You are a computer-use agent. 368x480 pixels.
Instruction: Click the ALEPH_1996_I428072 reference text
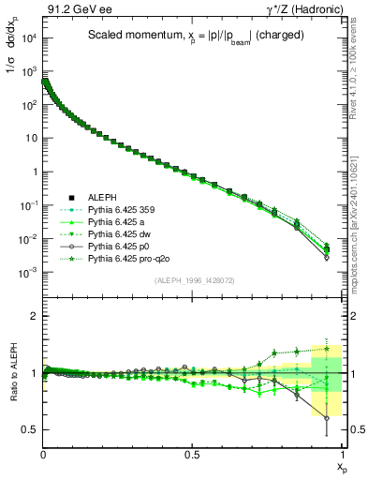pos(194,280)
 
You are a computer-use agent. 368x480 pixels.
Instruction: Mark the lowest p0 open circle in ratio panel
pos(326,418)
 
